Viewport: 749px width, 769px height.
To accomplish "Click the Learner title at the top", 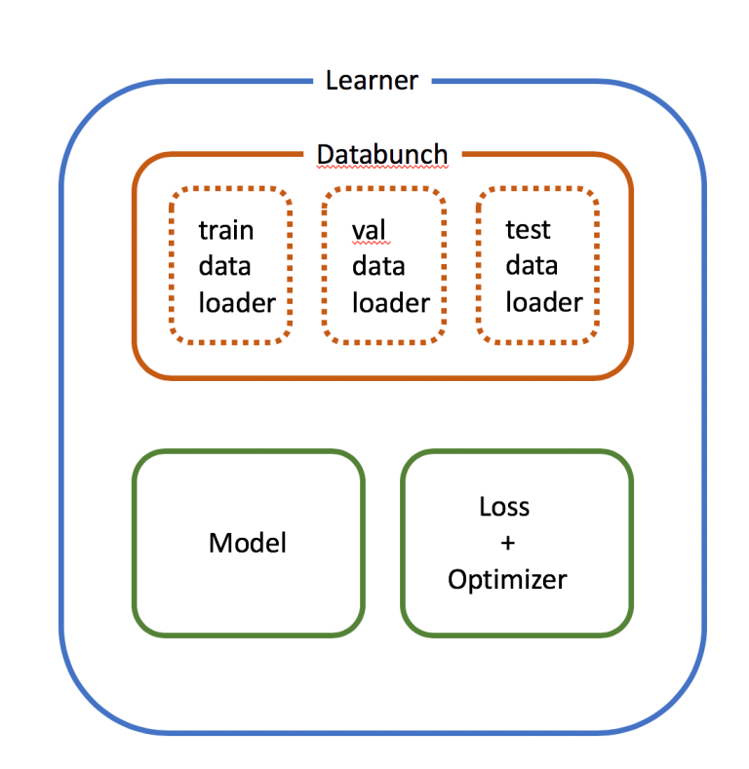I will coord(372,80).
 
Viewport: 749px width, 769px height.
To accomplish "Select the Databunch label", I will coord(382,154).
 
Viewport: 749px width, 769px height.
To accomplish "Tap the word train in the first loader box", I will coord(226,230).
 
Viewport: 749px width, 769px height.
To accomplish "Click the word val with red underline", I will coord(370,230).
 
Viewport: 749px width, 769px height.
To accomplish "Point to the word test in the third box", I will coord(528,230).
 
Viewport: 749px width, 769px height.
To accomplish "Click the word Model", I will coord(248,543).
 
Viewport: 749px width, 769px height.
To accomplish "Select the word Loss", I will coord(504,507).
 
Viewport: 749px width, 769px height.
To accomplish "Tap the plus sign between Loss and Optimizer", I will coord(506,543).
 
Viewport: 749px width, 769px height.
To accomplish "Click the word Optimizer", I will coord(507,579).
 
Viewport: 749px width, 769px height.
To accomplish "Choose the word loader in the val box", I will coord(391,302).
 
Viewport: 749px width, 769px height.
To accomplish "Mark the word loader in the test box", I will coord(544,302).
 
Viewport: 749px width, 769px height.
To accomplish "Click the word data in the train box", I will coord(225,266).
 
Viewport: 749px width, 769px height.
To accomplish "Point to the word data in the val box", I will coord(378,266).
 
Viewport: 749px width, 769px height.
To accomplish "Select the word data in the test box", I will coord(532,266).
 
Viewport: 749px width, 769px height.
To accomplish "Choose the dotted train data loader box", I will coord(231,329).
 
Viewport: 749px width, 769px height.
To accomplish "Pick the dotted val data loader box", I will coord(384,329).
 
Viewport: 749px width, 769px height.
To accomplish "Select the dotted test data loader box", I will coord(537,329).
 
